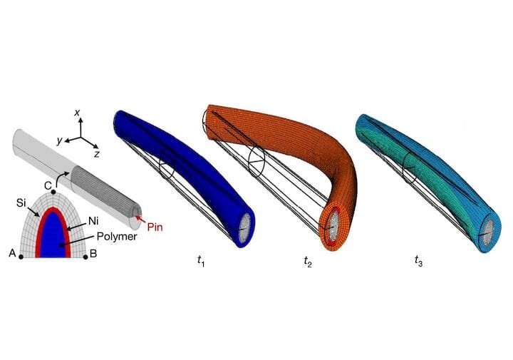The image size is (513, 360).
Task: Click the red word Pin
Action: (x=155, y=227)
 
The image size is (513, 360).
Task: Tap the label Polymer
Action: (x=117, y=236)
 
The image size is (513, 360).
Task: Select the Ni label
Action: (x=93, y=222)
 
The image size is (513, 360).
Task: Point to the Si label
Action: (x=21, y=203)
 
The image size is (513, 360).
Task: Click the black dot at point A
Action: (x=21, y=257)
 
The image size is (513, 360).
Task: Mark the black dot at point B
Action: (x=85, y=257)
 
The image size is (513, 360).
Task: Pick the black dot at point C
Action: (x=53, y=192)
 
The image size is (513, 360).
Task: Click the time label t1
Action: (x=201, y=261)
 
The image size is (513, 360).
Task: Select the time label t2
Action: (x=308, y=261)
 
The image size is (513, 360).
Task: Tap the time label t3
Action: (x=418, y=261)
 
